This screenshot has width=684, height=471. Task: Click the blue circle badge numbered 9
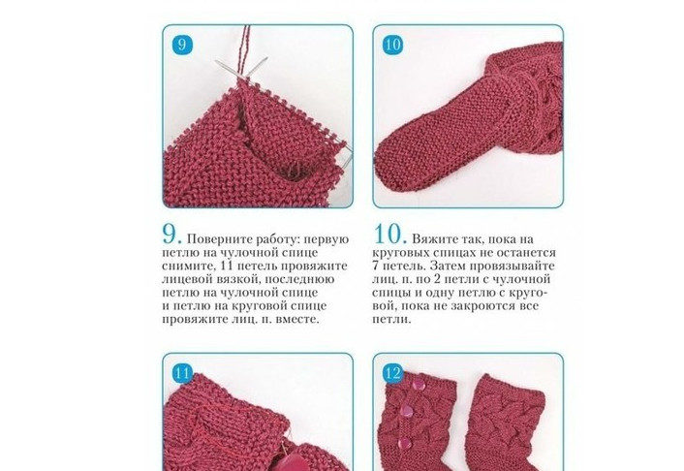182,45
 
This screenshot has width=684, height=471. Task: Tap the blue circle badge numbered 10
392,45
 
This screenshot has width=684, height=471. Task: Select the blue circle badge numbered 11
182,373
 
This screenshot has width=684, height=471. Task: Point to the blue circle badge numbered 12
392,373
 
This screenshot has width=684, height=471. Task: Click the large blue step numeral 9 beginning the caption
171,235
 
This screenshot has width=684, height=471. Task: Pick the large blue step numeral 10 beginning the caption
390,235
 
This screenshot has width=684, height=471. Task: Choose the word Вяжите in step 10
434,239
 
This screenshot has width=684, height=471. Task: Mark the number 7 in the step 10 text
376,266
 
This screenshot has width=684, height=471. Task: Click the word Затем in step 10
447,266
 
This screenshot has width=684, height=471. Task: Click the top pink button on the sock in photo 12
418,385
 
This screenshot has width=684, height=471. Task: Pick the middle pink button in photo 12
408,411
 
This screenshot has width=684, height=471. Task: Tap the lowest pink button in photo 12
405,444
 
